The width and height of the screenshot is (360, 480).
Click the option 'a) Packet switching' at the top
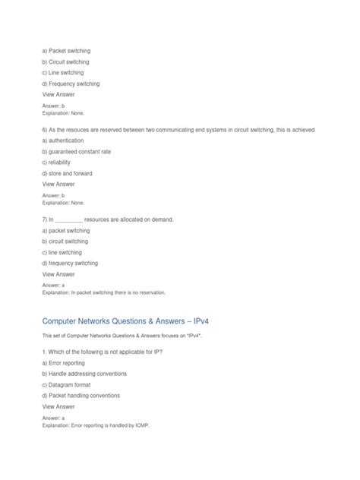[x=66, y=50]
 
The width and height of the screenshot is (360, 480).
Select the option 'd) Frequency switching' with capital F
[x=71, y=84]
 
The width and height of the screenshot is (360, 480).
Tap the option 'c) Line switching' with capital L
[x=64, y=72]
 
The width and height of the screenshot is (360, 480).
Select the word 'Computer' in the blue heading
[x=65, y=322]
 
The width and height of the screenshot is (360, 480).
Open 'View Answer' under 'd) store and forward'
[x=58, y=185]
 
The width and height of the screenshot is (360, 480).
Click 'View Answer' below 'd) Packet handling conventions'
[x=58, y=406]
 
